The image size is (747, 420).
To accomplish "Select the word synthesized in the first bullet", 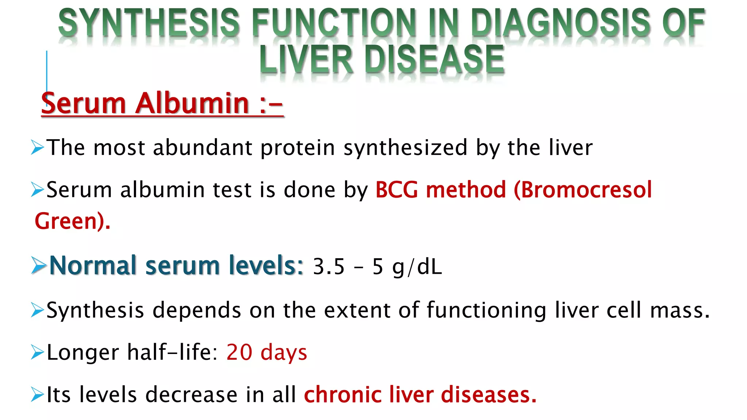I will coord(405,148).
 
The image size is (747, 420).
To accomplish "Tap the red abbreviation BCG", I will coord(396,190).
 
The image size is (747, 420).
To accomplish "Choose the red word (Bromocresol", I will coord(582,190).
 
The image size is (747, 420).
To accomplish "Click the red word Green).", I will coord(72,221).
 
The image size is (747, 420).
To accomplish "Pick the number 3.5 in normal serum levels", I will coord(329,266).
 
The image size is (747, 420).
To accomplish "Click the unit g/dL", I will coord(417,267).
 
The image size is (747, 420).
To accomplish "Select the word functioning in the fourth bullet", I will coord(486,311).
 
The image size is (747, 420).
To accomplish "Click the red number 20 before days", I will coord(239,353).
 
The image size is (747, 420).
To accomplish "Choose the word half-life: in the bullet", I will coord(172,353).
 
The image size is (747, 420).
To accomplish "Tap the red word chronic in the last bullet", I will coord(342,395).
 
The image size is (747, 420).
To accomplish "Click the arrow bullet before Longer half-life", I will coord(37,353).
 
